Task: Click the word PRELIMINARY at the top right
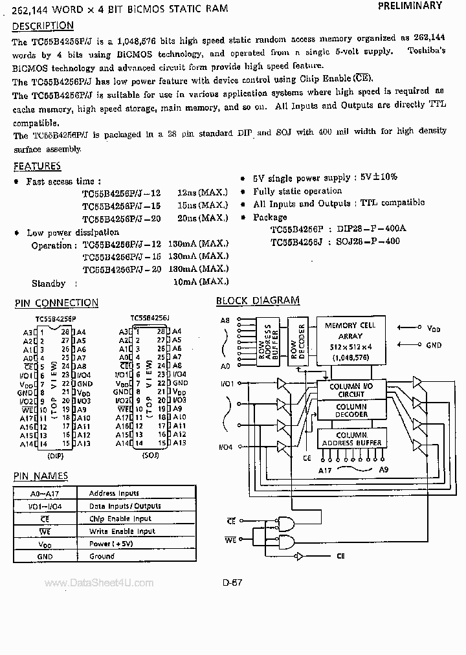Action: [x=409, y=6]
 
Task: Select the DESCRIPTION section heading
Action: [x=43, y=26]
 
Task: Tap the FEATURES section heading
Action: [x=38, y=166]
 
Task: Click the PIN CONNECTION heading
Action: [x=56, y=303]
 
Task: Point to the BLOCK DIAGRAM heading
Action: [x=258, y=300]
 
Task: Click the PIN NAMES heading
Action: [x=41, y=476]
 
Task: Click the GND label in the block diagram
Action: [x=434, y=346]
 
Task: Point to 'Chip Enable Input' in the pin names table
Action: [x=120, y=518]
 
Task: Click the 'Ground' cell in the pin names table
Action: [x=102, y=556]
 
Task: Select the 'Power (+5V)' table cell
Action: [x=111, y=544]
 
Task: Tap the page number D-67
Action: [x=232, y=583]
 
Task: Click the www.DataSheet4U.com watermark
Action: [x=99, y=583]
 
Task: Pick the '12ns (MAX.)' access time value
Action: [x=202, y=193]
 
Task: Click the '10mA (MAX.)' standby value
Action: [x=201, y=282]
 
